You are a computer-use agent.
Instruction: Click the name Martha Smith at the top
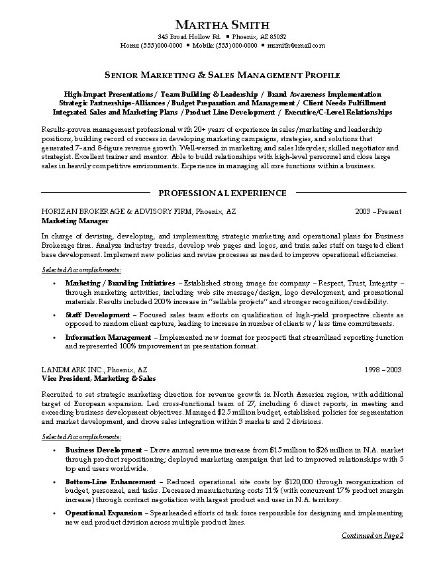coord(222,25)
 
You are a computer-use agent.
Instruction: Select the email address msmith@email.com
coord(296,46)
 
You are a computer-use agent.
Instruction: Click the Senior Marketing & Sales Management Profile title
coord(222,76)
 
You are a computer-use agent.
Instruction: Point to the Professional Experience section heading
coord(222,193)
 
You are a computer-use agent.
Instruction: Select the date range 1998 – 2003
coord(384,369)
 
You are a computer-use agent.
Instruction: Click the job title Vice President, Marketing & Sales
coord(98,378)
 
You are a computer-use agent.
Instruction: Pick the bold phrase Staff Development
coord(97,315)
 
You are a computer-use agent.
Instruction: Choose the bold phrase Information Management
coord(109,337)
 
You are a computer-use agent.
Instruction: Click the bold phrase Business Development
coord(103,450)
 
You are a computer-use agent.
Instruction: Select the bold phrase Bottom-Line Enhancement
coord(111,481)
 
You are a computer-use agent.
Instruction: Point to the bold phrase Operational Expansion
coord(103,513)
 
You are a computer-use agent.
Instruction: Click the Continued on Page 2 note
coord(372,535)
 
